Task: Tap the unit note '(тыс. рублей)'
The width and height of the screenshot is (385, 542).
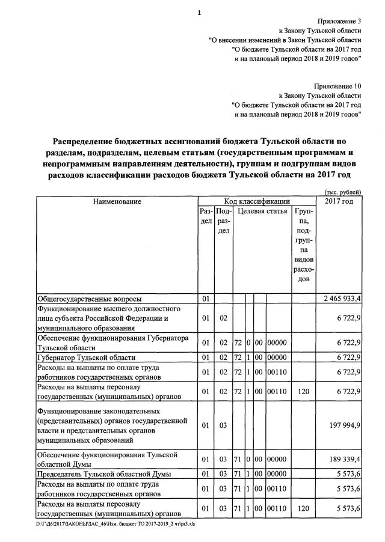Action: click(342, 192)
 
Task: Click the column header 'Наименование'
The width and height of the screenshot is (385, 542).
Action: click(117, 201)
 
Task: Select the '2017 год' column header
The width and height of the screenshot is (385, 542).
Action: click(339, 201)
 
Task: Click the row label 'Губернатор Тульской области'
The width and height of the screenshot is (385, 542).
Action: click(86, 358)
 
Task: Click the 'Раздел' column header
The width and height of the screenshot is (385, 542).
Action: click(206, 216)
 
